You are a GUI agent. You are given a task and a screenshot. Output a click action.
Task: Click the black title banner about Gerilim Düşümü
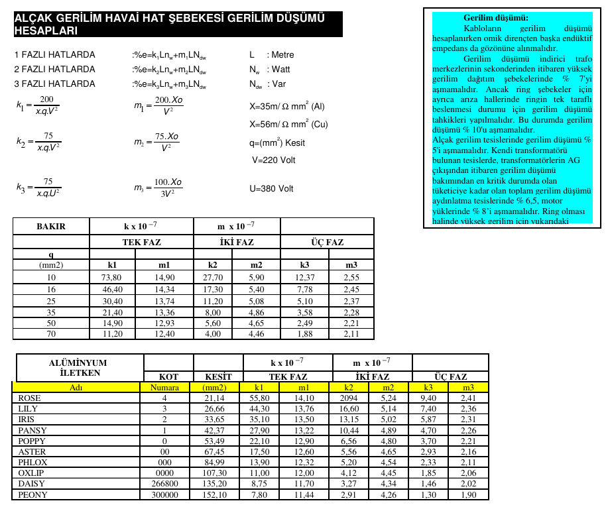coord(178,25)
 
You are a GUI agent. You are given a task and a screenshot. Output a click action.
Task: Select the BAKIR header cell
coord(51,227)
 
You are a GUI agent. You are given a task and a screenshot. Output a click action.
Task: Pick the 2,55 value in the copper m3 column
coord(351,277)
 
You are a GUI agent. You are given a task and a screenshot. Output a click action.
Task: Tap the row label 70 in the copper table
coord(51,333)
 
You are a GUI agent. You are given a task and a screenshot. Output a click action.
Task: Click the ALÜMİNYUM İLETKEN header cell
coord(78,367)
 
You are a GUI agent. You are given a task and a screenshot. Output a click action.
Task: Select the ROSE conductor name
coord(29,398)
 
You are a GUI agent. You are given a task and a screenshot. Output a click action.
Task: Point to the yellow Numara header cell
coord(165,388)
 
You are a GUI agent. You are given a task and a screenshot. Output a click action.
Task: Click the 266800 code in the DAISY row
coord(165,484)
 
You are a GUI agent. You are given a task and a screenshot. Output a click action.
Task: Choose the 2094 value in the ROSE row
coord(348,398)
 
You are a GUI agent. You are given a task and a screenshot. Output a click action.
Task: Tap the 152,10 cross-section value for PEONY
coord(217,494)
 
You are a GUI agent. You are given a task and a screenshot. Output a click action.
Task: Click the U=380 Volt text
coord(271,189)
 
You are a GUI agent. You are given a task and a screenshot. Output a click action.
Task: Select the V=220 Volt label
coord(273,160)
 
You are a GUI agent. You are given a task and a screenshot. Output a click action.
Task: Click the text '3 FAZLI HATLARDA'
coord(54,84)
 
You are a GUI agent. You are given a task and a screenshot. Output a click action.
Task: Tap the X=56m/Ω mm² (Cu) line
coord(288,124)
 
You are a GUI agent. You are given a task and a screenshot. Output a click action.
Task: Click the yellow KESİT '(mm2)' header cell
coord(217,388)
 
